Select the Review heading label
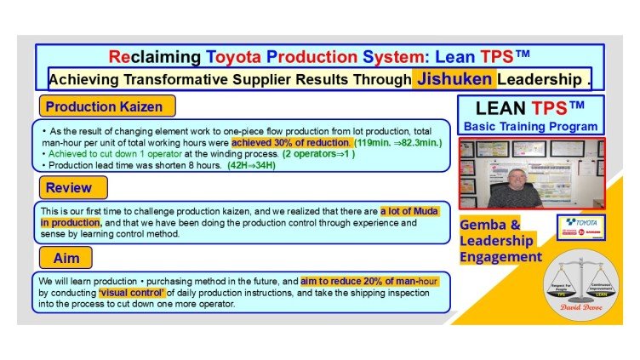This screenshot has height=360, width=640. pyautogui.click(x=69, y=186)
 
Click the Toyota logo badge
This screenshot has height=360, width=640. pyautogui.click(x=580, y=226)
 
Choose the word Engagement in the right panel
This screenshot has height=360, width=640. pyautogui.click(x=502, y=256)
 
